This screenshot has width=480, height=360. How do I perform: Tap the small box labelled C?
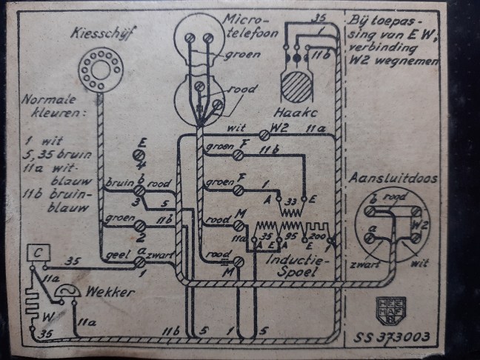(36, 253)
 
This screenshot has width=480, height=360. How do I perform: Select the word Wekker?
(107, 292)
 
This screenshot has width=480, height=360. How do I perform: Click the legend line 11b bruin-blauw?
(55, 201)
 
